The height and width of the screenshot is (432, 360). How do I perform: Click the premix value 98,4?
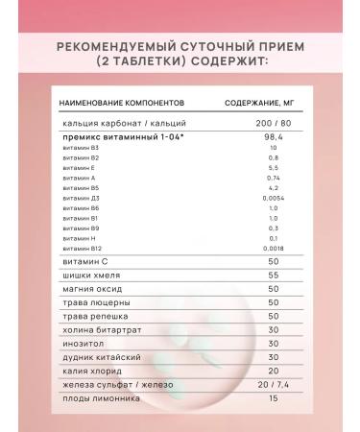247,137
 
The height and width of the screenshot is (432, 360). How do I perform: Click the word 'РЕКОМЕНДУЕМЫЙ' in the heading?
118,44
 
